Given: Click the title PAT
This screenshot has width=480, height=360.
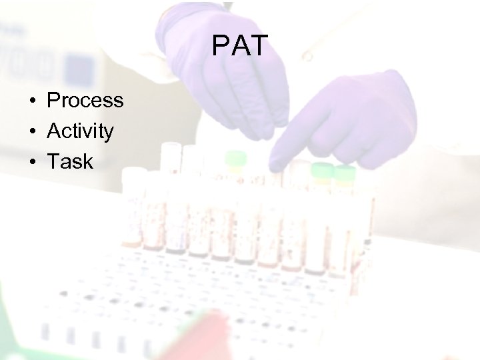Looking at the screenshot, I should (240, 46).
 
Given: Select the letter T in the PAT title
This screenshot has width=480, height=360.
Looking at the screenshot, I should (259, 46).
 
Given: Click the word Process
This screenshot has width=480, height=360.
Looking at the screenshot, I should (85, 101).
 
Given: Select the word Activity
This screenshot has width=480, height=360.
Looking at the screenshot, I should (80, 131).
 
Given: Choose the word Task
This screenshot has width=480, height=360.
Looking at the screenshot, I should (70, 161).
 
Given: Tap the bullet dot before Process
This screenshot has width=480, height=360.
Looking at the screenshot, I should (31, 101).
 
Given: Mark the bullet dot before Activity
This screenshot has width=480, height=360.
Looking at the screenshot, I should (31, 132).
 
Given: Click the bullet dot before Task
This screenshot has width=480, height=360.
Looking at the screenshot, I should (31, 162).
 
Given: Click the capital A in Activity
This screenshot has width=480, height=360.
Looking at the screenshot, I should (53, 131).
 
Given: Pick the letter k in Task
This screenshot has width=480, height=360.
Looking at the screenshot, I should (87, 161).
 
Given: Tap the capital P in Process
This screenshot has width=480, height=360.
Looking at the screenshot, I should (53, 101).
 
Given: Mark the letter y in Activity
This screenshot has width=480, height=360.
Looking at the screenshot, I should (109, 134).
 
